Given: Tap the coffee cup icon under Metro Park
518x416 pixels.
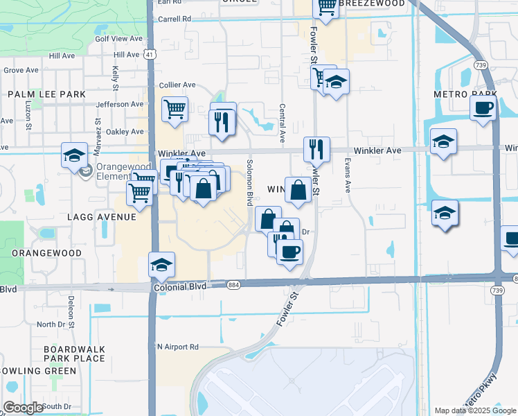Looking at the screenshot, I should click(483, 109).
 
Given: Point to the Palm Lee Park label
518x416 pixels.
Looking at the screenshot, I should click(46, 94).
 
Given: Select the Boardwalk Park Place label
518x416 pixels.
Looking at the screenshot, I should click(74, 354).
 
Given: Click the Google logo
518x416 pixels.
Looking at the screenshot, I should click(24, 408).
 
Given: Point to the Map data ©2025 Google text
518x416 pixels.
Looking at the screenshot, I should click(475, 410).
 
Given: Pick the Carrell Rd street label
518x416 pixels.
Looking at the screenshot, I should click(174, 19).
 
